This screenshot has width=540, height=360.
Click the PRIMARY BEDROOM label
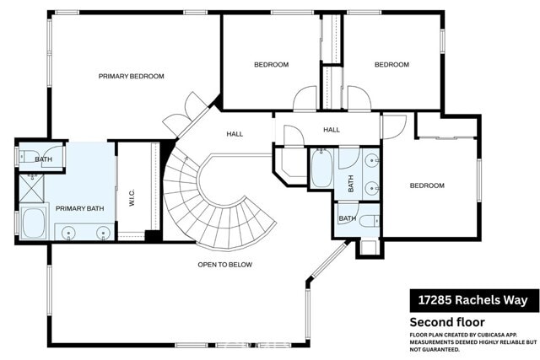pyautogui.click(x=131, y=77)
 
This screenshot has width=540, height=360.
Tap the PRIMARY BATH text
pyautogui.click(x=80, y=208)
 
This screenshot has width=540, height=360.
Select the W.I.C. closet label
pyautogui.click(x=132, y=191)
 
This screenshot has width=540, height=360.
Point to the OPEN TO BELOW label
pyautogui.click(x=224, y=265)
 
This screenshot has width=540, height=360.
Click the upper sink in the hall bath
pyautogui.click(x=372, y=159)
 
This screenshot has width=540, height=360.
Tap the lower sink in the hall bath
pyautogui.click(x=372, y=186)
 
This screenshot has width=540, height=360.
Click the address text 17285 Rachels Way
pyautogui.click(x=473, y=300)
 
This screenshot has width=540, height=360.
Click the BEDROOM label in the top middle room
pyautogui.click(x=272, y=65)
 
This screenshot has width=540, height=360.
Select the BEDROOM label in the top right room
pyautogui.click(x=391, y=65)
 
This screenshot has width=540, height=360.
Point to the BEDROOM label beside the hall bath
pyautogui.click(x=427, y=186)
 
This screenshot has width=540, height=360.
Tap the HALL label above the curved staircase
pyautogui.click(x=235, y=134)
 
